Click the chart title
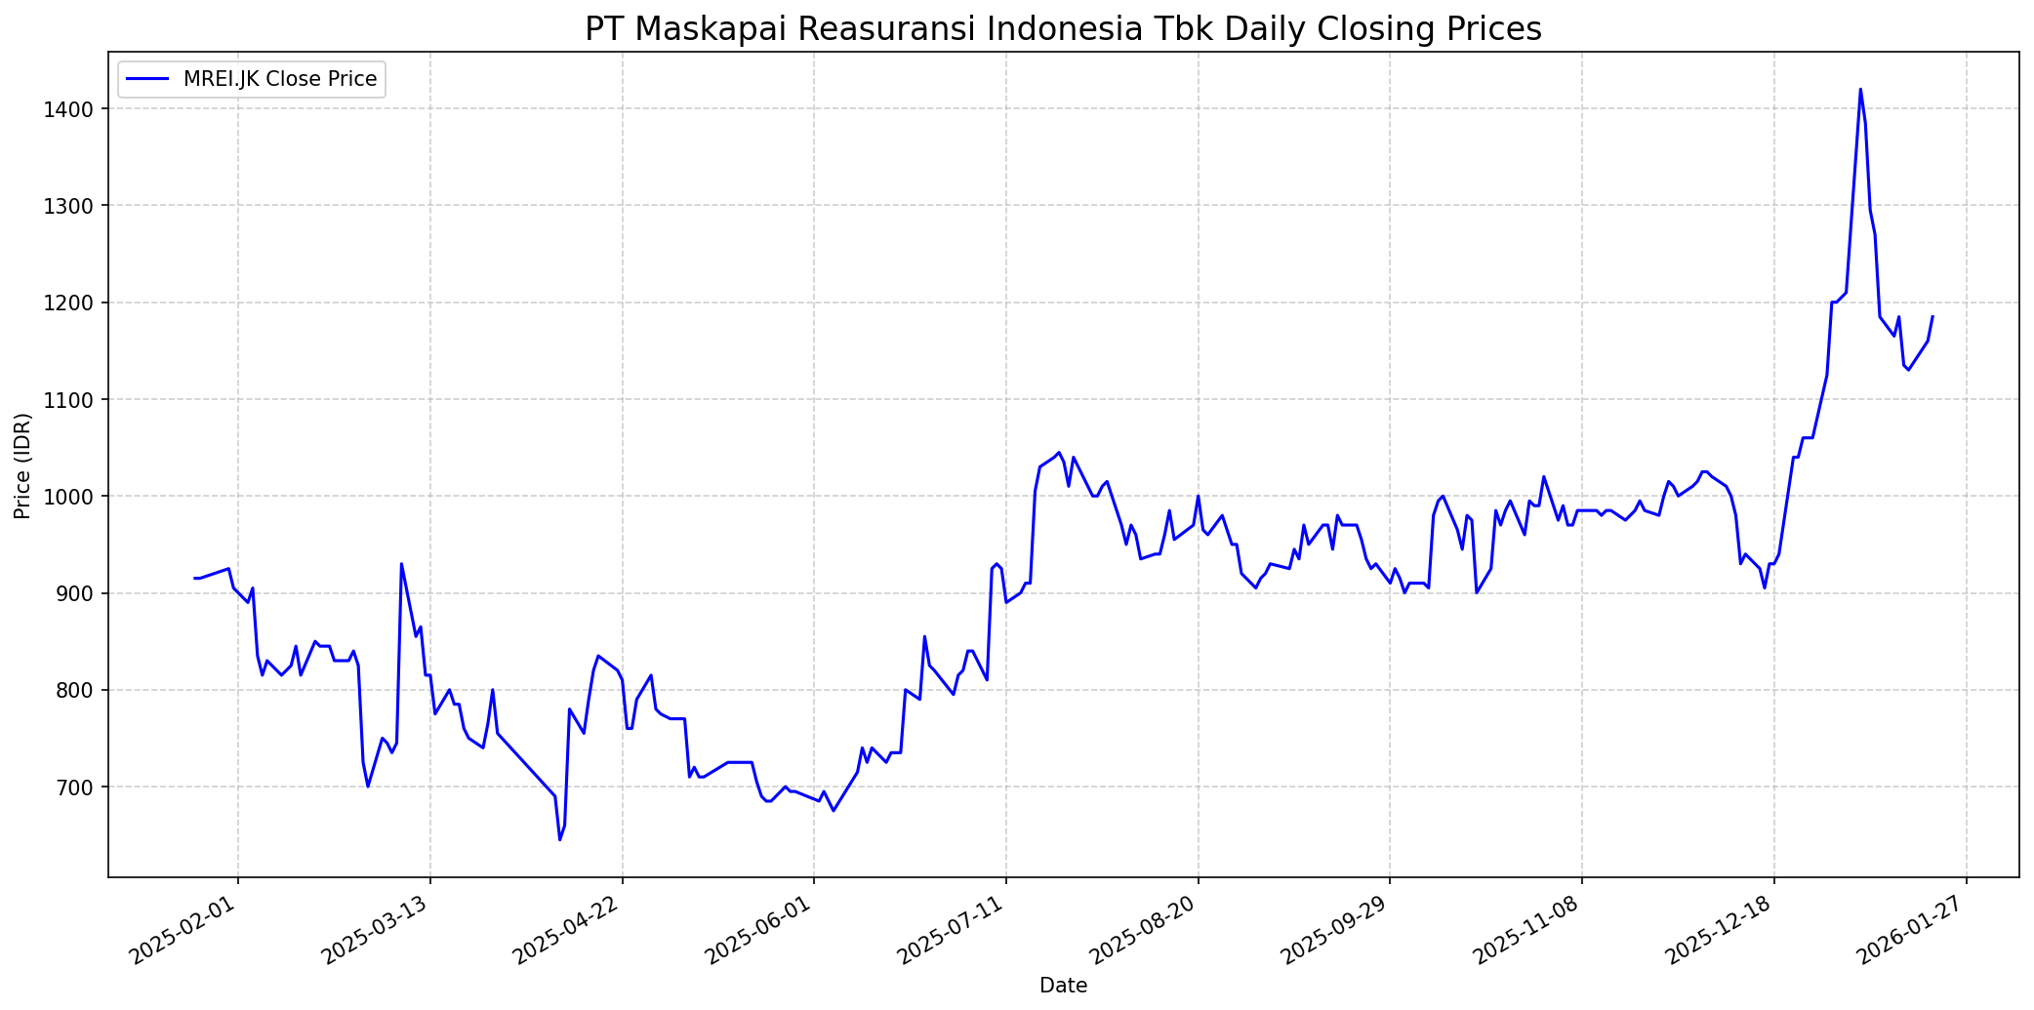(x=1063, y=29)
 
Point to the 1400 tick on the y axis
(x=81, y=109)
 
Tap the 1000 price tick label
(x=81, y=497)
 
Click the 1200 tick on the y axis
(x=81, y=303)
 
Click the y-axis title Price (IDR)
(x=23, y=465)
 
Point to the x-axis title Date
(x=1063, y=986)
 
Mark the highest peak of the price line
(x=1860, y=90)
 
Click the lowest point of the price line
(x=559, y=839)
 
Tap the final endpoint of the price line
(x=1932, y=316)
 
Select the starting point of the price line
(x=195, y=579)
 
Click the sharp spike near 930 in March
(x=401, y=564)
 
